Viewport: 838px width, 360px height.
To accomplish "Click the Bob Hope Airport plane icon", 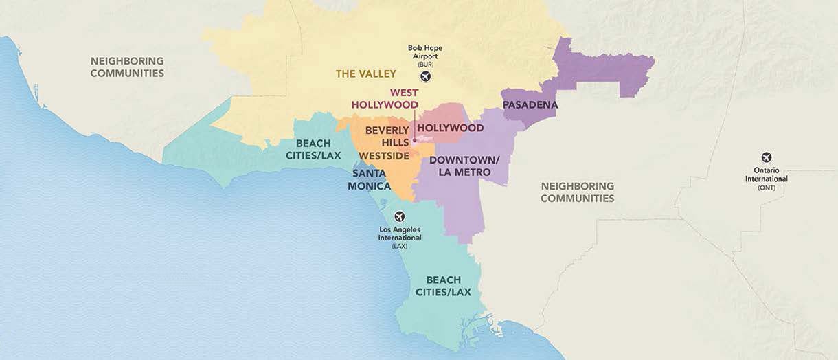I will pyautogui.click(x=425, y=76).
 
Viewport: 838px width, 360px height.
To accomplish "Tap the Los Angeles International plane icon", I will pyautogui.click(x=400, y=216).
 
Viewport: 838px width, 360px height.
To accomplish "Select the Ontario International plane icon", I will pyautogui.click(x=766, y=157).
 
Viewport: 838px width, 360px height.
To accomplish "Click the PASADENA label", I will pyautogui.click(x=530, y=105).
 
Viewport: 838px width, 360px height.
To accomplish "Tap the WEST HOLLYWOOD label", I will pyautogui.click(x=385, y=98).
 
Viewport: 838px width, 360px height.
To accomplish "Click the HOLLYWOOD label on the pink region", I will pyautogui.click(x=450, y=128).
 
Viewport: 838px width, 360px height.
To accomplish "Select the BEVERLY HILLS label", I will pyautogui.click(x=387, y=135).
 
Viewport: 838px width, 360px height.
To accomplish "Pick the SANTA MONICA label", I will pyautogui.click(x=370, y=180).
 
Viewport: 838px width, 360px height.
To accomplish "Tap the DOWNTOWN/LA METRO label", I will pyautogui.click(x=464, y=166).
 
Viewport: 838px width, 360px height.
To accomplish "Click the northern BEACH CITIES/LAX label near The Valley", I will pyautogui.click(x=313, y=149).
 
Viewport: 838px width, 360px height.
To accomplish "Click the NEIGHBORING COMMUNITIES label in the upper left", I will pyautogui.click(x=127, y=67).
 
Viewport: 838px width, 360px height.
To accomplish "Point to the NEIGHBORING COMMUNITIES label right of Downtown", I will pyautogui.click(x=577, y=192).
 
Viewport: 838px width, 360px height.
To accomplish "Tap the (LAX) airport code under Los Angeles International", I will pyautogui.click(x=400, y=245).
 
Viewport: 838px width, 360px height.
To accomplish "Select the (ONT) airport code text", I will pyautogui.click(x=766, y=188).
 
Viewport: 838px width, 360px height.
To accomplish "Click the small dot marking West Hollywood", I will pyautogui.click(x=414, y=142).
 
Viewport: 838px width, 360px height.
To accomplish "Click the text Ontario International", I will pyautogui.click(x=766, y=175).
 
